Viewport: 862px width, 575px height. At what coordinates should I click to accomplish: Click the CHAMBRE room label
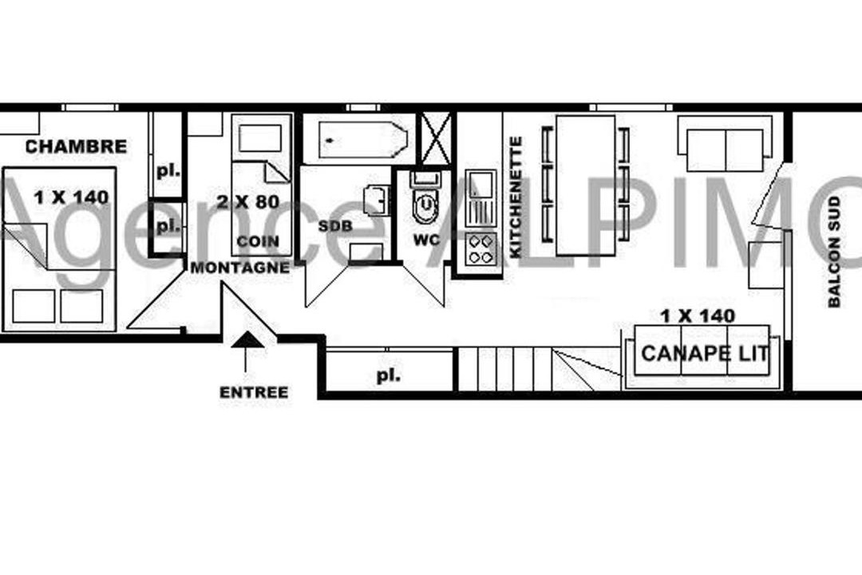tap(76, 146)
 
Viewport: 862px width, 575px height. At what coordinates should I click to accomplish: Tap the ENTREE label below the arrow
tap(254, 392)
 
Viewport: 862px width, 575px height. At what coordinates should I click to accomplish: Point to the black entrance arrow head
tap(247, 339)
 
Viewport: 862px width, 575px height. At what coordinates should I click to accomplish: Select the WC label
tap(426, 240)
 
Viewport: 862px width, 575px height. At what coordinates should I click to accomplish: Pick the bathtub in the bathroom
tap(363, 140)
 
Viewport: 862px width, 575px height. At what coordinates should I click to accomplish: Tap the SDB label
tap(334, 225)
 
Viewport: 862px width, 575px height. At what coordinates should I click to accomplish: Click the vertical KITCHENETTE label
tap(516, 197)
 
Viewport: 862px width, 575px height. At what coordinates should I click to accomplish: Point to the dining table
tap(586, 185)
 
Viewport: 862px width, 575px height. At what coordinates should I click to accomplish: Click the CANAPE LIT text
tap(706, 353)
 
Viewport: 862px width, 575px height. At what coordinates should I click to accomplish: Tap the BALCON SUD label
tap(834, 252)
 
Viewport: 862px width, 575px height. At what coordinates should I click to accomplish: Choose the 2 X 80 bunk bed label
tap(248, 201)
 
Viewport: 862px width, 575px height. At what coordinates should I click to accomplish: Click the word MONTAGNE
tap(239, 268)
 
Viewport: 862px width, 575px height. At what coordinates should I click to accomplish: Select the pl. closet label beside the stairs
tap(388, 376)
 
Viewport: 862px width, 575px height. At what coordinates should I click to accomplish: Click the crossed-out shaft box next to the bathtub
tap(436, 138)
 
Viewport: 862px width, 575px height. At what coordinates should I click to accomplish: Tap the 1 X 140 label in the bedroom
tap(72, 197)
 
